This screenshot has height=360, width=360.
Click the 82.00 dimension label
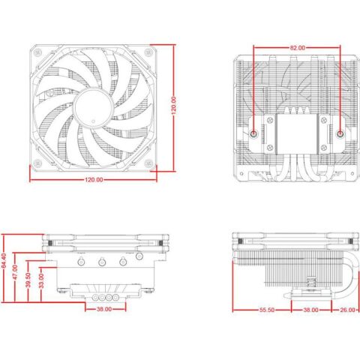pyautogui.click(x=297, y=47)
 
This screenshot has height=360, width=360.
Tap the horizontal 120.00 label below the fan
pyautogui.click(x=92, y=181)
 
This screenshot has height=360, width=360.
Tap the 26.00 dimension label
pyautogui.click(x=346, y=309)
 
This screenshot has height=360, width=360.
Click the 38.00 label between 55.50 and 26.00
pyautogui.click(x=310, y=309)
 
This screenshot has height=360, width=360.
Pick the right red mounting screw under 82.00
pyautogui.click(x=341, y=134)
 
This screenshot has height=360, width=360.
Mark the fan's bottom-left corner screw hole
pyautogui.click(x=37, y=162)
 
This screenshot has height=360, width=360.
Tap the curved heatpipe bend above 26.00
pyautogui.click(x=346, y=262)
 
